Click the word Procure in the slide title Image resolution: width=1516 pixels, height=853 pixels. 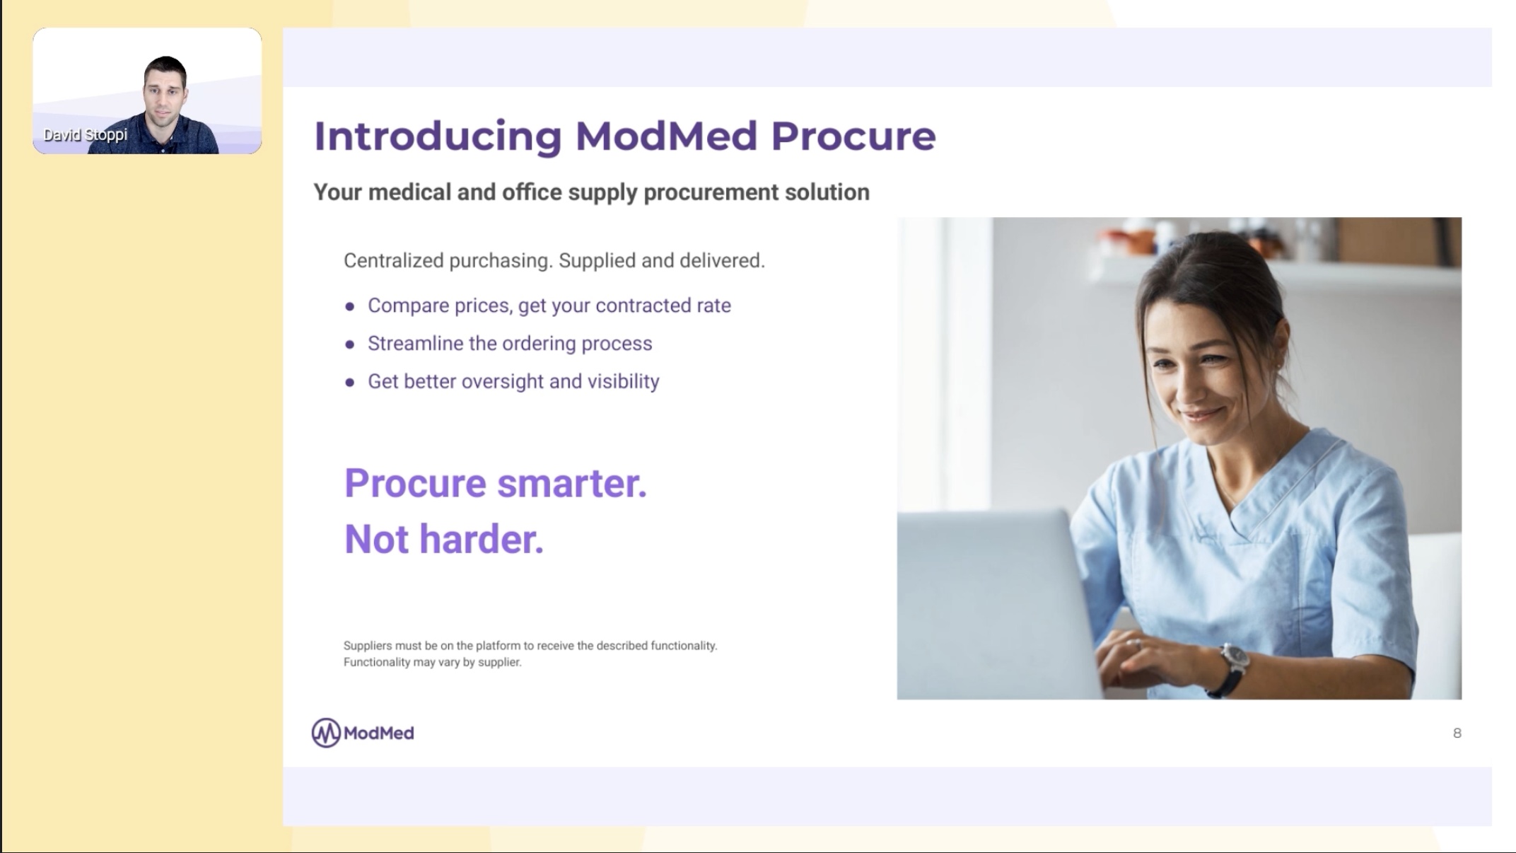(x=853, y=136)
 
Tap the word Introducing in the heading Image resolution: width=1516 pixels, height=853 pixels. (x=438, y=136)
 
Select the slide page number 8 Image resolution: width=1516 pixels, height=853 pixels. (x=1457, y=733)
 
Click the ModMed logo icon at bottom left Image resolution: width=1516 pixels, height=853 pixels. (x=326, y=733)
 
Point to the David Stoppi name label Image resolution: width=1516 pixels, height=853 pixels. (x=86, y=134)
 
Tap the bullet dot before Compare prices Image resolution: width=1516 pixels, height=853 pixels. (x=349, y=307)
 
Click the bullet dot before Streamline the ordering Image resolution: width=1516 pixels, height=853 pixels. (x=349, y=344)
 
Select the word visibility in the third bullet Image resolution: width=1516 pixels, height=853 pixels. (x=623, y=381)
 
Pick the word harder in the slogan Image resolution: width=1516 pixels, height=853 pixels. (x=482, y=540)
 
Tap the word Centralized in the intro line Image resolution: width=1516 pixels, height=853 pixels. (x=393, y=261)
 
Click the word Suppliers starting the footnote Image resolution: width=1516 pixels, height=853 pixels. (x=368, y=646)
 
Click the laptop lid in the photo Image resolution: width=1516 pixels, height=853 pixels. (x=990, y=601)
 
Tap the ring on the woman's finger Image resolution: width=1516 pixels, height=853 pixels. (x=1133, y=643)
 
